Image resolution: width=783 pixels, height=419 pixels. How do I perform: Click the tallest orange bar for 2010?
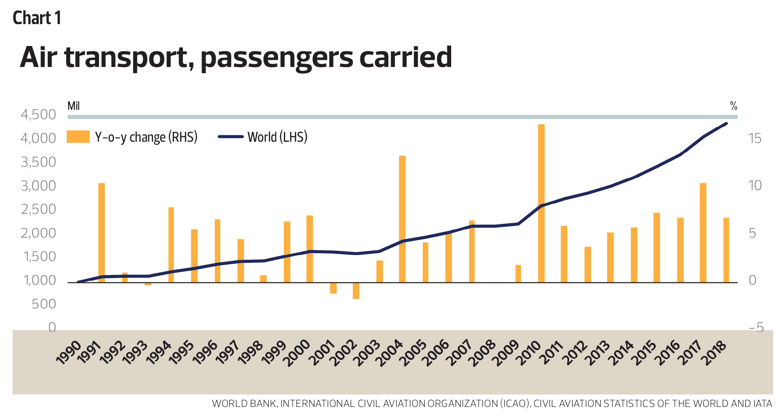pos(541,202)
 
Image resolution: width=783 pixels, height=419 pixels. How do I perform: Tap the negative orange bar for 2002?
pos(356,290)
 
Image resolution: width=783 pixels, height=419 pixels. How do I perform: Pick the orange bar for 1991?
pos(101,232)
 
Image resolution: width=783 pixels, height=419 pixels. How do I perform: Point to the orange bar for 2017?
pos(703,232)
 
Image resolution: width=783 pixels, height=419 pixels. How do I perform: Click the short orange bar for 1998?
pos(263,279)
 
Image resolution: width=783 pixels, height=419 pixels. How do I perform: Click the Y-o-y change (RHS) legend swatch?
pos(78,137)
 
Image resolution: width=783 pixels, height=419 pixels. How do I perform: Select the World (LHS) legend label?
pos(277,137)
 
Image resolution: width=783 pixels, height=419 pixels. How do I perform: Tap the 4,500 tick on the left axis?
pos(38,115)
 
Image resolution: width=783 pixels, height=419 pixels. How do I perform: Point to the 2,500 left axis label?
pos(38,209)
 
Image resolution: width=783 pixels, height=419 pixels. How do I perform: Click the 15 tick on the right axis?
pos(755,138)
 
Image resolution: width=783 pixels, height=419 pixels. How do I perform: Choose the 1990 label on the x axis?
pos(69,353)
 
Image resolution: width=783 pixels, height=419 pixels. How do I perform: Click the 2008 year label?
pos(484,353)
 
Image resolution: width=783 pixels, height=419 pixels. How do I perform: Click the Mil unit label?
pos(73,106)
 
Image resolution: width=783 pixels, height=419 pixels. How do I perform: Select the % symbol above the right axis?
pos(733,106)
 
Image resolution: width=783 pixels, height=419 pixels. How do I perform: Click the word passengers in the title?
pos(276,57)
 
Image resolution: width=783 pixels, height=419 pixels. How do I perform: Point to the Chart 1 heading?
pos(37,18)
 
